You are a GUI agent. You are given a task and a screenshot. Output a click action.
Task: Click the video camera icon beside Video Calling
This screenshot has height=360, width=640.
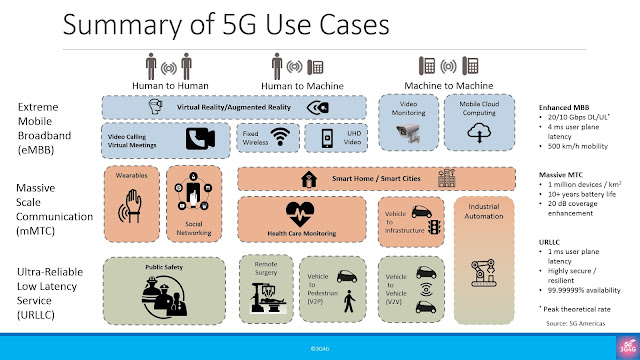pos(201,138)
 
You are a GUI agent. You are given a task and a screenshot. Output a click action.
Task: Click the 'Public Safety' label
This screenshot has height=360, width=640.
pos(162,268)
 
